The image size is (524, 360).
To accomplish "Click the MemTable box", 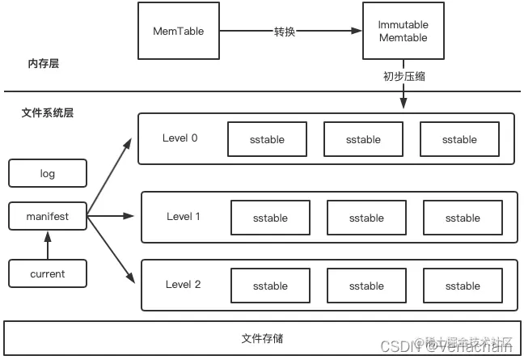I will [178, 32].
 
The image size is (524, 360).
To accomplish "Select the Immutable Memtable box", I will [402, 32].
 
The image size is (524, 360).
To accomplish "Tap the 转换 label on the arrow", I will [285, 32].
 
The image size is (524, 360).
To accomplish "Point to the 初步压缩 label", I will [403, 77].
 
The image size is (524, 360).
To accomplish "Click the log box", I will [47, 173].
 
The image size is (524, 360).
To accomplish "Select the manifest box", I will [47, 218].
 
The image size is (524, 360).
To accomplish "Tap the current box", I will [47, 273].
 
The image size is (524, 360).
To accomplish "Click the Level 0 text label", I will [180, 138].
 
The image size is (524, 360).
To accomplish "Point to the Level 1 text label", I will [184, 216].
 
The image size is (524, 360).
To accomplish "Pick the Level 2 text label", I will [184, 284].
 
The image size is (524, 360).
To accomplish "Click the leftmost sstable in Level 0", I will [267, 139].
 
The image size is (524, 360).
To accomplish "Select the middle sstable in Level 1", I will [366, 218].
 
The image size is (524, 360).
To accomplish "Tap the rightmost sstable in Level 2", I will [463, 286].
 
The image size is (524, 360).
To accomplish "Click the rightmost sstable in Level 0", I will [459, 139].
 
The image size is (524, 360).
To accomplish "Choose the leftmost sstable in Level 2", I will [270, 286].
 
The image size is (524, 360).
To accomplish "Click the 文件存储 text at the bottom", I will [262, 338].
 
